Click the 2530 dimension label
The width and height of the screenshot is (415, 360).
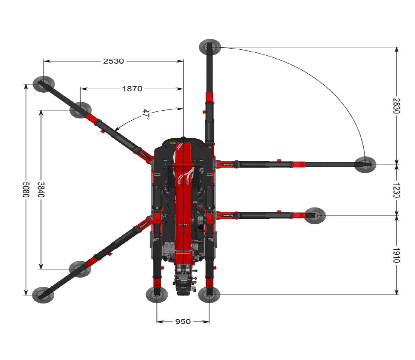coord(113,61)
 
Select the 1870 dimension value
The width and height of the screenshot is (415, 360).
coord(132,89)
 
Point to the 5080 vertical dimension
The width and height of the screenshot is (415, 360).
coord(25,190)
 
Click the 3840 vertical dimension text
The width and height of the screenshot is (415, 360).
coord(40,190)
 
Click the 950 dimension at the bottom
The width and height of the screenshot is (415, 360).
coord(183,321)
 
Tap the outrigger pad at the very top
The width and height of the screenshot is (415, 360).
coord(210,47)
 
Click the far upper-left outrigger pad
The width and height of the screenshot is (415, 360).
coord(43,84)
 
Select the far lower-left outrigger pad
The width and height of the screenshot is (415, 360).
coord(43,295)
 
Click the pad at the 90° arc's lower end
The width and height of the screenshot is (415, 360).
coord(365,164)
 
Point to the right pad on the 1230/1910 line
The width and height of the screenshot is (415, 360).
coord(315,215)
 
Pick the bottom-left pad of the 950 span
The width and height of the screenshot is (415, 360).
coord(157,295)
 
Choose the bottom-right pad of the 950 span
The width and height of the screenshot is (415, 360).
coord(209,295)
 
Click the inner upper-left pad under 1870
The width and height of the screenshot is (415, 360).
coord(80,110)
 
